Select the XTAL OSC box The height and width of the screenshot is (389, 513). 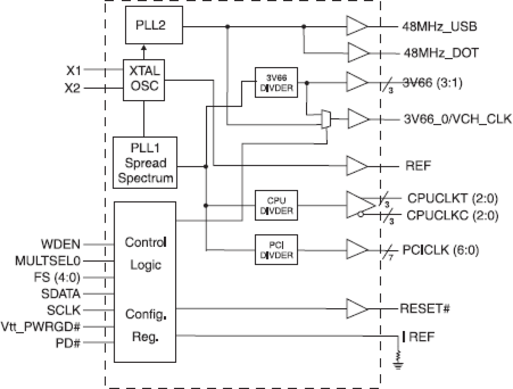point(144,80)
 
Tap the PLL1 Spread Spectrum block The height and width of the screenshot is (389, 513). point(145,163)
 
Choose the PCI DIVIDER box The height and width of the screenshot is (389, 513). point(277,249)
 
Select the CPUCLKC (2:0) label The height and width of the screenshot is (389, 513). point(453,215)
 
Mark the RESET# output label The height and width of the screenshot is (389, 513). point(425,308)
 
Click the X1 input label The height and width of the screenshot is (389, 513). point(74,70)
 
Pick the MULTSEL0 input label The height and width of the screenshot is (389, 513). point(48,260)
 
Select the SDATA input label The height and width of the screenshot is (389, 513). point(61,293)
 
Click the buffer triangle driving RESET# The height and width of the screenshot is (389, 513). point(356,308)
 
